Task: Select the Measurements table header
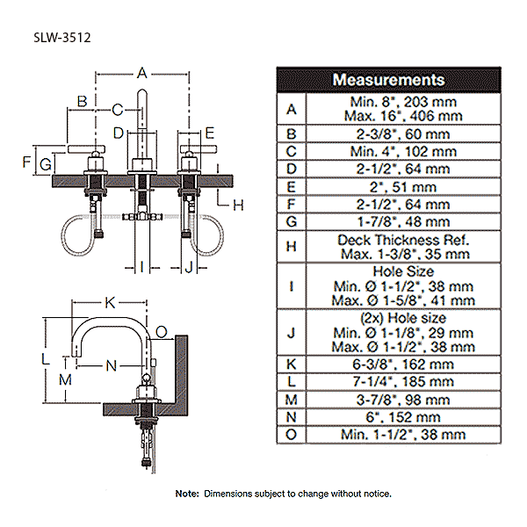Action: point(388,80)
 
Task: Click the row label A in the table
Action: point(291,109)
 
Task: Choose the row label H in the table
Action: point(291,247)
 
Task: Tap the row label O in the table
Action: point(291,434)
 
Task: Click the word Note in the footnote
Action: point(187,494)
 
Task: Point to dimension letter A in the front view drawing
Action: point(142,74)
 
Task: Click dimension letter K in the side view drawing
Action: point(110,302)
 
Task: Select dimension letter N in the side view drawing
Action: point(112,364)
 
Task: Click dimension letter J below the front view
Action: point(189,266)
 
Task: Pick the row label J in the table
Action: point(291,332)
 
